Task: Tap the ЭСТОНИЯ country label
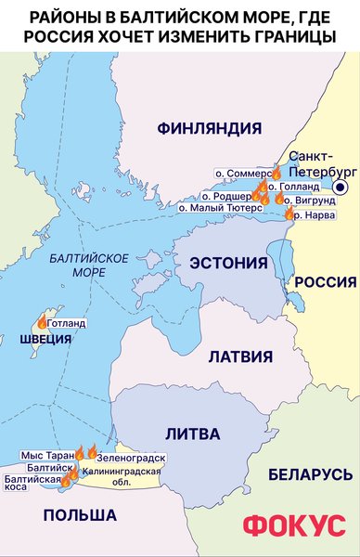coord(228,264)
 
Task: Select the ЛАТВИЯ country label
coord(239,356)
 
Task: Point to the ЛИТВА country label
coord(192,434)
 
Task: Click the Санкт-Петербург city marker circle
coord(341,188)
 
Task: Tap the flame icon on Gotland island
coord(43,322)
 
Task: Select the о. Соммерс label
coord(243,173)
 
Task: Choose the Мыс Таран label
coord(45,456)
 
